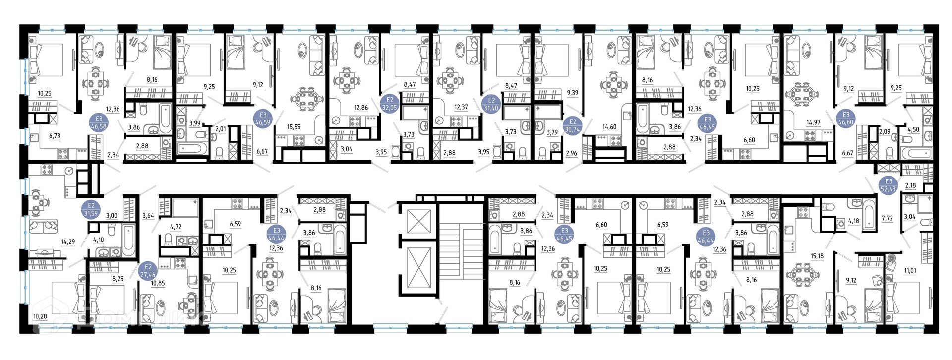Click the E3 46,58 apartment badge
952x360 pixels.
pyautogui.click(x=99, y=122)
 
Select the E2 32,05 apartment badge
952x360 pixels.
pyautogui.click(x=390, y=103)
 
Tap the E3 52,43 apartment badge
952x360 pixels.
pyautogui.click(x=889, y=185)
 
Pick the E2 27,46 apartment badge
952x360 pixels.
pyautogui.click(x=148, y=271)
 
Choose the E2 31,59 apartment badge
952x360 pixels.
pyautogui.click(x=91, y=210)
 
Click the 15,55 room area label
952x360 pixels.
pyautogui.click(x=294, y=127)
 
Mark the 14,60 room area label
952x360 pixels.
pyautogui.click(x=609, y=127)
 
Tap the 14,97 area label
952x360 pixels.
pyautogui.click(x=813, y=122)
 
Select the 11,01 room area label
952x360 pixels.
pyautogui.click(x=910, y=271)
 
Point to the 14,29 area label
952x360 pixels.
pyautogui.click(x=68, y=242)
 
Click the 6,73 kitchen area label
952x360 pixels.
pyautogui.click(x=54, y=136)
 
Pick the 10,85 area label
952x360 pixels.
pyautogui.click(x=158, y=283)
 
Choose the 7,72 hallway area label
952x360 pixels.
pyautogui.click(x=888, y=218)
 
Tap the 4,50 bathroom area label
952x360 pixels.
pyautogui.click(x=913, y=130)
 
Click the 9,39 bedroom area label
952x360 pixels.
pyautogui.click(x=572, y=93)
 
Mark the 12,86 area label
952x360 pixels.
pyautogui.click(x=360, y=107)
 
